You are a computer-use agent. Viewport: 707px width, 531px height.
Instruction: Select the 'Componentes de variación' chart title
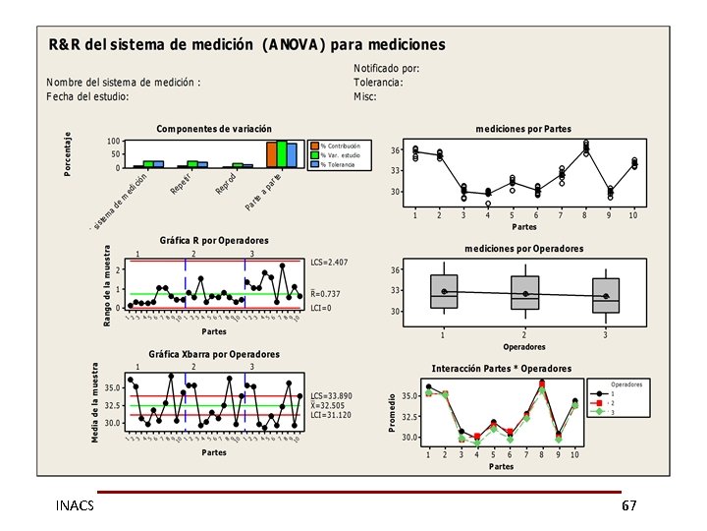point(214,129)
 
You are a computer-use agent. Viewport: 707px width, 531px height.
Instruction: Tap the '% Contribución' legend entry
point(341,146)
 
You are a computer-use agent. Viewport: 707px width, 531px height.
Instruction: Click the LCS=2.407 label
point(330,263)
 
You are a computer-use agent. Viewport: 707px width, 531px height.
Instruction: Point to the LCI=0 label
point(321,308)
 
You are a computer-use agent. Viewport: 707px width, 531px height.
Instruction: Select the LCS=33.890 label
point(332,395)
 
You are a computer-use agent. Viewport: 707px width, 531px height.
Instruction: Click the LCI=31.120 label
point(331,415)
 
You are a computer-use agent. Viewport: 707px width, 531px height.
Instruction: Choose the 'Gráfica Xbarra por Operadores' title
point(214,354)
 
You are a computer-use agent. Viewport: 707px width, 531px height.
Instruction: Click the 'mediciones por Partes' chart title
point(523,129)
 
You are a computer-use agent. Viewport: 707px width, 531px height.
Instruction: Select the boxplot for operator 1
point(444,292)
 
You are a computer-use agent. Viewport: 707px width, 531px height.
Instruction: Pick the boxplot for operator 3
point(606,294)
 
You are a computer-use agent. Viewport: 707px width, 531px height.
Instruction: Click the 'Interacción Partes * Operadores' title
point(501,369)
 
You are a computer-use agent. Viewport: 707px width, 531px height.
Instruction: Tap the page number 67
point(628,504)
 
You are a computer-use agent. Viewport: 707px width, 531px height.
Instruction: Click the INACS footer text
point(76,504)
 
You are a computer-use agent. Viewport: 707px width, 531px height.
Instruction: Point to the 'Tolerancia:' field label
point(378,83)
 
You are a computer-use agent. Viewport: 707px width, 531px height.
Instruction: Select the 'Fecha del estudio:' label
point(88,96)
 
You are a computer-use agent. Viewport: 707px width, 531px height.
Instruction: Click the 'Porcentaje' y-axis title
point(68,154)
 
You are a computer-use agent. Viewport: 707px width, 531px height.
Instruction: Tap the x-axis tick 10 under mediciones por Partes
point(633,214)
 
